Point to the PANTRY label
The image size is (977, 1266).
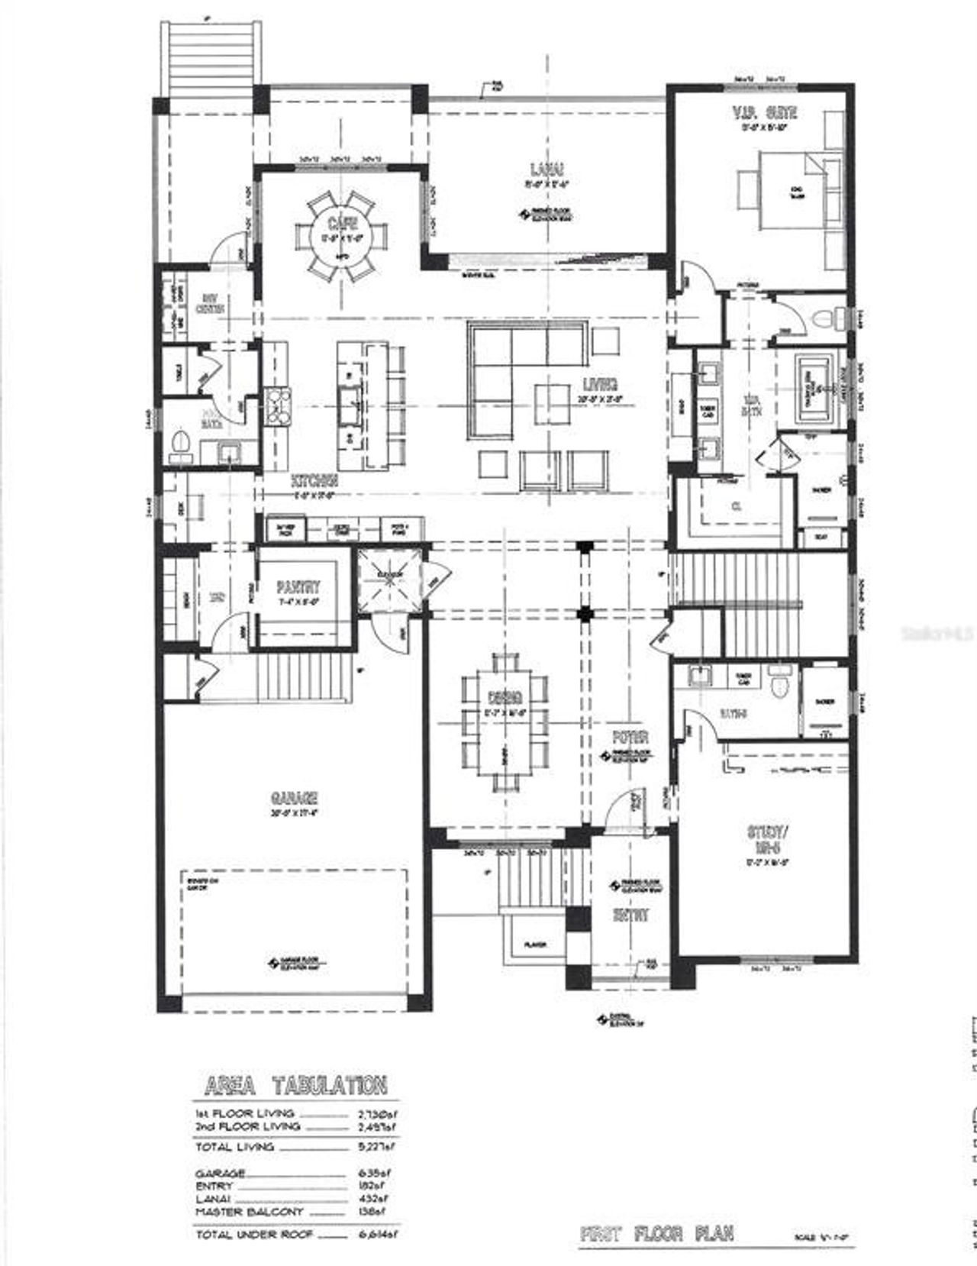point(298,587)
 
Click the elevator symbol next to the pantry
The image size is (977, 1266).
point(391,580)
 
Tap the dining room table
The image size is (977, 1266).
point(505,721)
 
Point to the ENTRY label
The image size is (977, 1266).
point(633,916)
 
